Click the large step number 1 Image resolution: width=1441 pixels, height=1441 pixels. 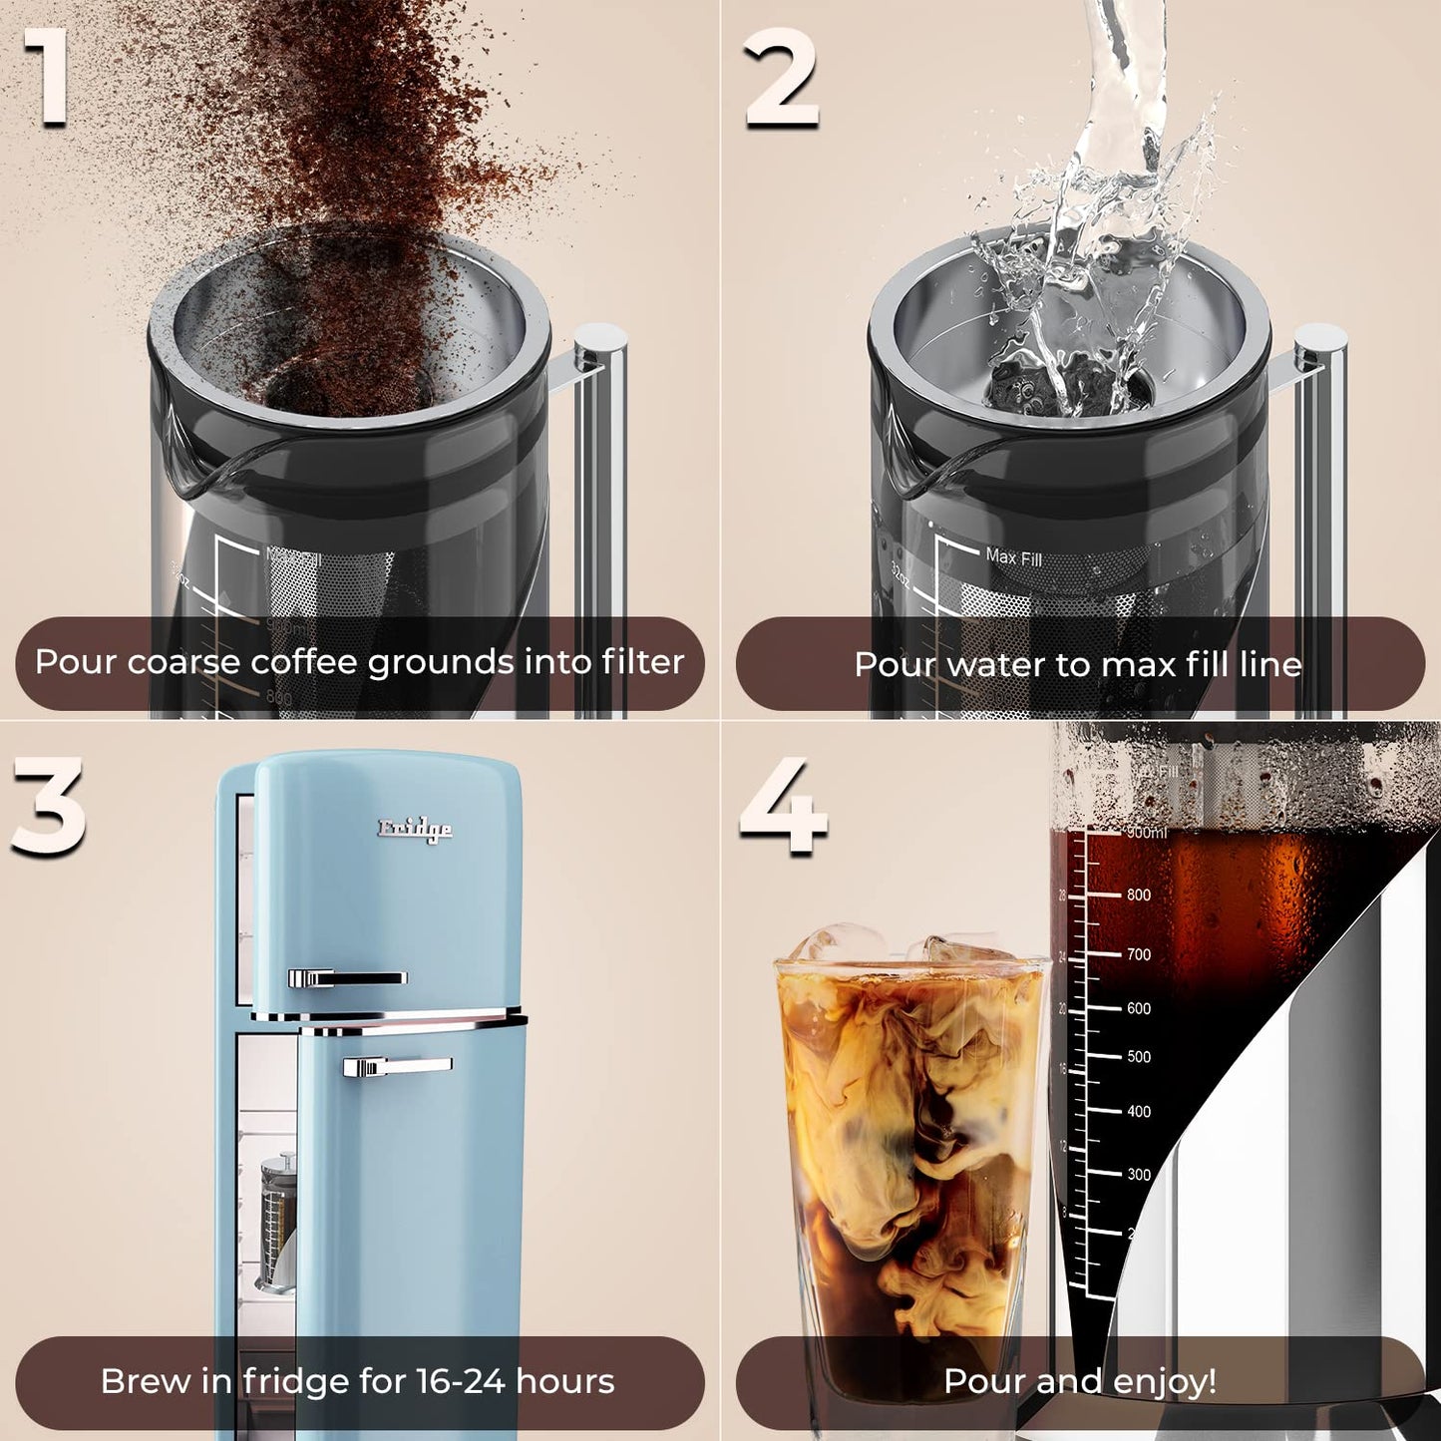coord(47,78)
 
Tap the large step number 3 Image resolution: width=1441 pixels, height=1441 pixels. coord(48,806)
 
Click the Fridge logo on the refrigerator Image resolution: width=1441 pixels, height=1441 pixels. coord(414,829)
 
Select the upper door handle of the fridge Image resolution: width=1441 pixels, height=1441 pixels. coord(346,978)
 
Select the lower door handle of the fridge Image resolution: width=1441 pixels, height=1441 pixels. coord(396,1067)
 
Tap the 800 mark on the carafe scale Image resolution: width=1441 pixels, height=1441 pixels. coord(1139,896)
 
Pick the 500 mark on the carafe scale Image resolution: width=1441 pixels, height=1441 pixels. coord(1139,1057)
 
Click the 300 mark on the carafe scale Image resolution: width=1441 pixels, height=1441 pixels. coord(1139,1175)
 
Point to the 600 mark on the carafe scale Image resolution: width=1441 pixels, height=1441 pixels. coord(1139,1009)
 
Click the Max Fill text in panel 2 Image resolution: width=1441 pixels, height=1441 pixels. coord(1013,557)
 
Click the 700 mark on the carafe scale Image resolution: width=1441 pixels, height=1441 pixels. coord(1139,955)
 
